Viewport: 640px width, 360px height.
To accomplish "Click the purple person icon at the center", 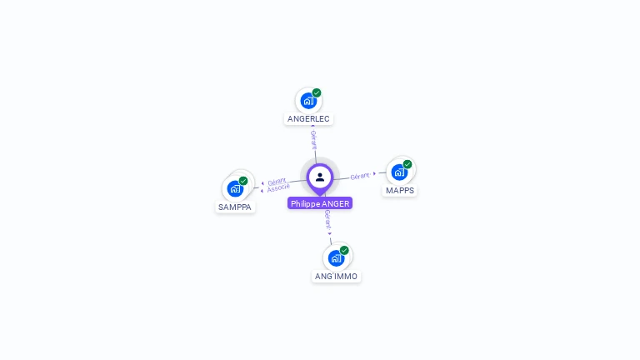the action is pyautogui.click(x=320, y=177).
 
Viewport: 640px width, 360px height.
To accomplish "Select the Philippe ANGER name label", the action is pyautogui.click(x=320, y=203).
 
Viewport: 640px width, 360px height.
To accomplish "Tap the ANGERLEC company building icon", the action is pyautogui.click(x=308, y=101).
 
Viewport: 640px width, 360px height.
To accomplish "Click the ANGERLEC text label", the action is pyautogui.click(x=308, y=119).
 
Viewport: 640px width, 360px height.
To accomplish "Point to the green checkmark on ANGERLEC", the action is pyautogui.click(x=317, y=93).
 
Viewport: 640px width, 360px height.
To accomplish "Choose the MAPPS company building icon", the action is pyautogui.click(x=399, y=172).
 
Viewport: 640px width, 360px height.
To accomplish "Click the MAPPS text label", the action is pyautogui.click(x=400, y=191).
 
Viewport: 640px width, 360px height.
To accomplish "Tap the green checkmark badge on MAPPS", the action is pyautogui.click(x=407, y=164).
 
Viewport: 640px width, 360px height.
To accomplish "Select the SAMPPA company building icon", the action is pyautogui.click(x=235, y=188).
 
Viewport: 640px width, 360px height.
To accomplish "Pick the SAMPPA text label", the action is pyautogui.click(x=235, y=207).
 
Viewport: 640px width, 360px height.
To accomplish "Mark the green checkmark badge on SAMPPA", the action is pyautogui.click(x=243, y=181).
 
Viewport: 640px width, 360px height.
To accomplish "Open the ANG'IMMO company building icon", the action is pyautogui.click(x=336, y=257).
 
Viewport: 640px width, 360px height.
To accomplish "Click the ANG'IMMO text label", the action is pyautogui.click(x=337, y=276).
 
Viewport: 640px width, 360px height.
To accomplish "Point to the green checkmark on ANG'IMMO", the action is pyautogui.click(x=344, y=250).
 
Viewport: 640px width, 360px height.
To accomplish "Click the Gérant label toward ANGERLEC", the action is pyautogui.click(x=313, y=138).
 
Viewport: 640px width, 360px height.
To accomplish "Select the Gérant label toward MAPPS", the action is pyautogui.click(x=360, y=176).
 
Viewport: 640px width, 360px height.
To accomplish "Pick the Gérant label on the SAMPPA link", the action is pyautogui.click(x=277, y=181).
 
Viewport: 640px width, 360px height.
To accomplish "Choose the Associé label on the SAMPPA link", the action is pyautogui.click(x=278, y=188).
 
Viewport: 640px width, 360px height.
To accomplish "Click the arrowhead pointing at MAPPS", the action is pyautogui.click(x=374, y=174).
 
